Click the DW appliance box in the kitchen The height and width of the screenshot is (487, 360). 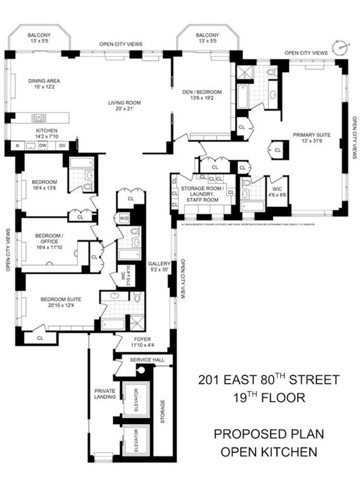click(43, 146)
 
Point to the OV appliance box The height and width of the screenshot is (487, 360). click(62, 146)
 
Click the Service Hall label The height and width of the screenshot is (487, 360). click(147, 360)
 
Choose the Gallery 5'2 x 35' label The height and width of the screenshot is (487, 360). click(159, 266)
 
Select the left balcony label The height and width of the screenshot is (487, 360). click(39, 38)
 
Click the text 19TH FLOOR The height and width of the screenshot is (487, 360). click(269, 398)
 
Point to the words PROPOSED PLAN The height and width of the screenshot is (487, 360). click(269, 434)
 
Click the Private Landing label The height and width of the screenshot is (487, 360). click(105, 394)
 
